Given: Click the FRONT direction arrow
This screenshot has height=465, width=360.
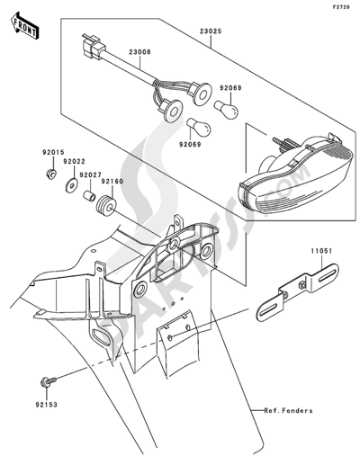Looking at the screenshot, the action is tap(24, 25).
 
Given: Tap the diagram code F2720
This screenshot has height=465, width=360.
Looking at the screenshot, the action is tap(340, 7).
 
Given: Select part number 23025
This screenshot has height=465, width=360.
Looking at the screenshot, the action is tap(211, 31).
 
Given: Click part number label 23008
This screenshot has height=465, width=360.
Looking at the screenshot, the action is tap(140, 52).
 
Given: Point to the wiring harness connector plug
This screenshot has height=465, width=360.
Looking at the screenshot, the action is tap(94, 46).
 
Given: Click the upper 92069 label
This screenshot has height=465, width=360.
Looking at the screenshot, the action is tap(230, 88).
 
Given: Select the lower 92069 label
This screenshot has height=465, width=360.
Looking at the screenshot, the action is tap(190, 145).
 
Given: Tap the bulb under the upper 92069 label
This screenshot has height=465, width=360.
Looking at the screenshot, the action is tap(226, 110).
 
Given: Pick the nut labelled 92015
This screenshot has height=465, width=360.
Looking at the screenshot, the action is tap(51, 174).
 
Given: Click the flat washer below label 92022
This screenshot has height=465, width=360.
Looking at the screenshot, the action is tap(72, 185).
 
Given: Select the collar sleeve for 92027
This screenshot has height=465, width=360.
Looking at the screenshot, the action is tap(89, 196).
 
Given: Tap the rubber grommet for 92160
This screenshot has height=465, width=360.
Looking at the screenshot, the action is tap(106, 205).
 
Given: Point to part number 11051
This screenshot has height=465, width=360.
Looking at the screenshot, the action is tap(321, 251).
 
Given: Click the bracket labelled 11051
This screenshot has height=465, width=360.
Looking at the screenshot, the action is tap(297, 292).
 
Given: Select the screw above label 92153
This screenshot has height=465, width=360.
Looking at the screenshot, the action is tap(48, 381).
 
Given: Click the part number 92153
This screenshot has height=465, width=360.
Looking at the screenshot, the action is tap(47, 405).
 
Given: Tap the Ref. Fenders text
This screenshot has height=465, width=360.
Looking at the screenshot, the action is tap(288, 410).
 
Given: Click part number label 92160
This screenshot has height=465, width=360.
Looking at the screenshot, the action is tap(112, 182).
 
